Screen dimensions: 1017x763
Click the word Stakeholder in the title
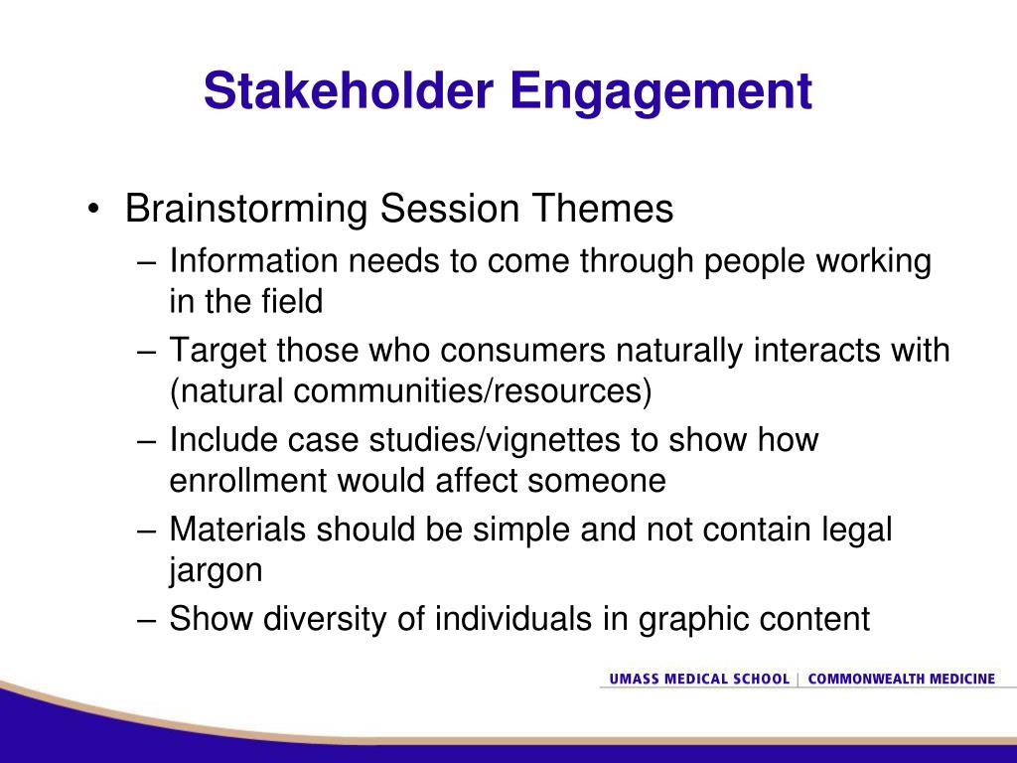click(349, 90)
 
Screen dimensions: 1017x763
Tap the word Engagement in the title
click(660, 92)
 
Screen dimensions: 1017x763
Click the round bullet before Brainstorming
click(94, 209)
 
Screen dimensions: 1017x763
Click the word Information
click(253, 261)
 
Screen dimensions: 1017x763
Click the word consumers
click(522, 351)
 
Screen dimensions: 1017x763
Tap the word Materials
click(237, 529)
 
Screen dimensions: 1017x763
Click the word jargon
click(216, 571)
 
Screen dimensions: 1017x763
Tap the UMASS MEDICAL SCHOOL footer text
click(699, 679)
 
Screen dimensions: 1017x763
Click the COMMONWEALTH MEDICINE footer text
click(902, 679)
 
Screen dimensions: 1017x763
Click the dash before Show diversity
click(147, 620)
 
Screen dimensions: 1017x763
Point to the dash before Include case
click(147, 441)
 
